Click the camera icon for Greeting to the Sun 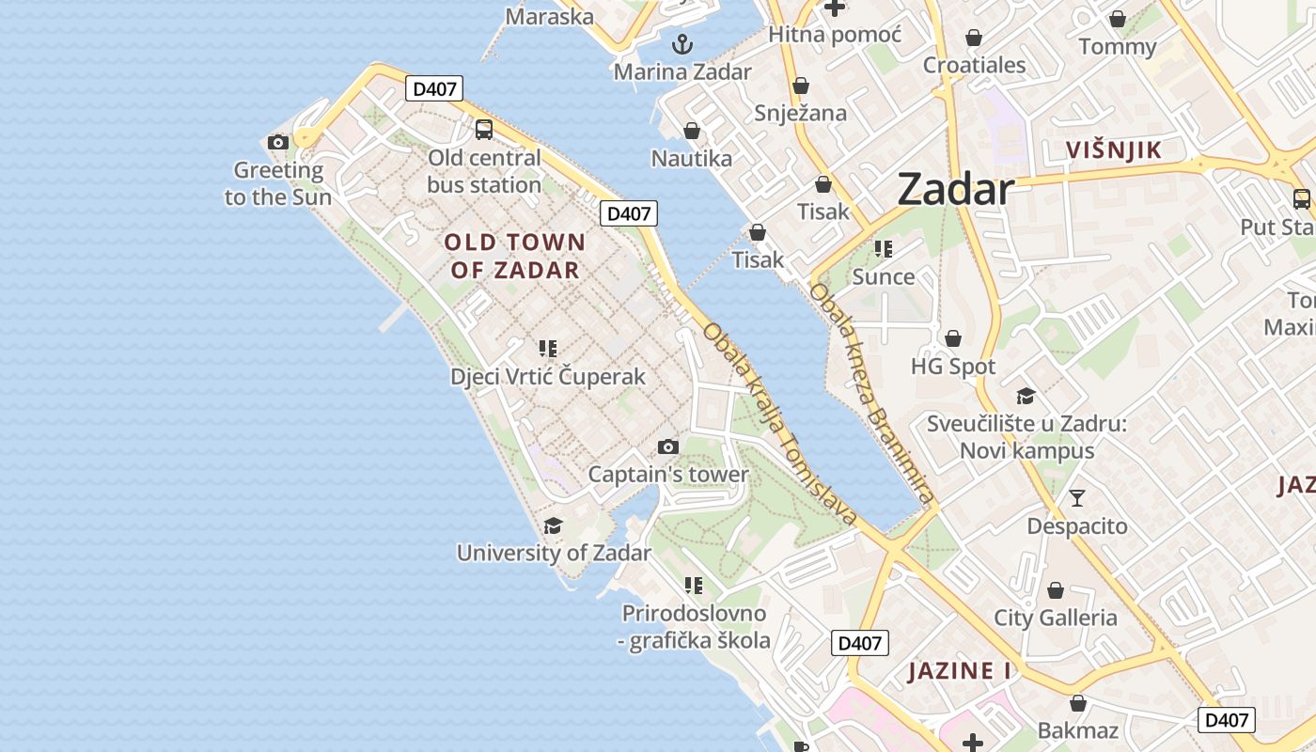pyautogui.click(x=278, y=142)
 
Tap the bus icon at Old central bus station pyautogui.click(x=484, y=130)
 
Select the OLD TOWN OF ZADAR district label pyautogui.click(x=515, y=256)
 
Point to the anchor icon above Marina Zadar pyautogui.click(x=682, y=43)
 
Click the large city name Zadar pyautogui.click(x=956, y=190)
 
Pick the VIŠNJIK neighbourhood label pyautogui.click(x=1114, y=149)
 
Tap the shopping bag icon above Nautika pyautogui.click(x=692, y=130)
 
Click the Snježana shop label pyautogui.click(x=801, y=114)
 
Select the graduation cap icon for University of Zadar pyautogui.click(x=554, y=525)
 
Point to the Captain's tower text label pyautogui.click(x=668, y=475)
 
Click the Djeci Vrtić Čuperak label pyautogui.click(x=548, y=377)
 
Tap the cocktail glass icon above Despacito pyautogui.click(x=1077, y=497)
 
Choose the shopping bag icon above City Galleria pyautogui.click(x=1056, y=590)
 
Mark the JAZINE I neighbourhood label pyautogui.click(x=959, y=671)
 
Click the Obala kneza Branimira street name pyautogui.click(x=871, y=395)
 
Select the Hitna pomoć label pyautogui.click(x=835, y=35)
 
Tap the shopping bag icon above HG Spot pyautogui.click(x=953, y=337)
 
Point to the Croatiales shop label pyautogui.click(x=975, y=65)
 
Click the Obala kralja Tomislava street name pyautogui.click(x=779, y=424)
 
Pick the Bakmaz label pyautogui.click(x=1078, y=730)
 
